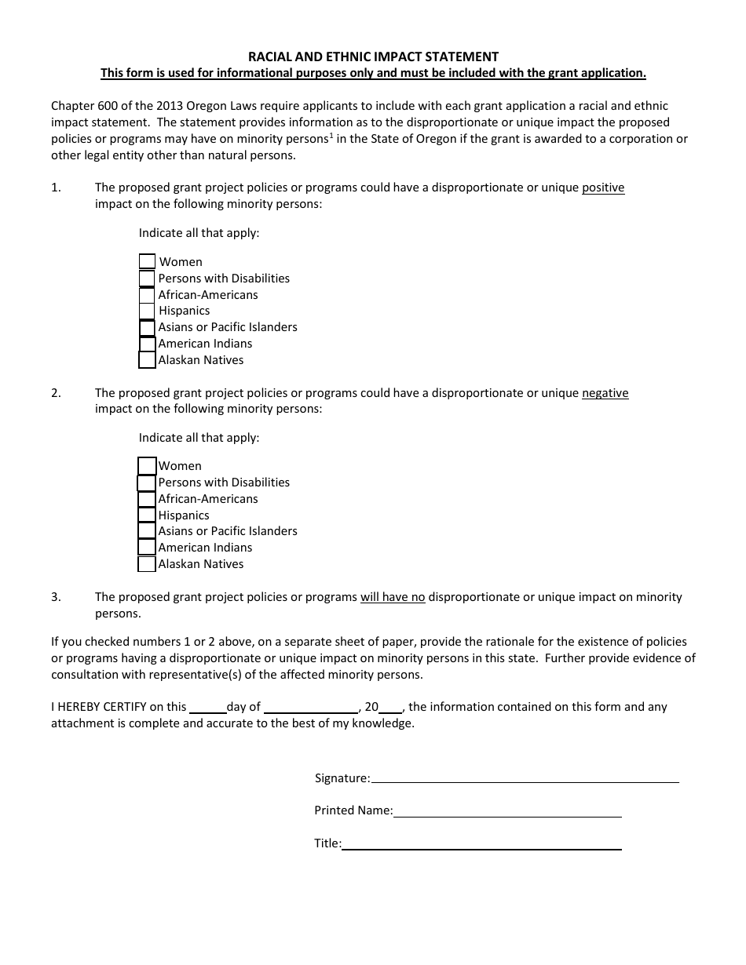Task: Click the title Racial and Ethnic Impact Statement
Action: click(x=373, y=56)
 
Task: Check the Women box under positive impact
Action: click(x=147, y=261)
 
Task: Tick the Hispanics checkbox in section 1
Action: click(x=147, y=311)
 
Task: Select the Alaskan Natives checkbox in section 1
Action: click(x=147, y=360)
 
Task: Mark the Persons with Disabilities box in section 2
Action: click(x=146, y=482)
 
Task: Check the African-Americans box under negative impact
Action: click(x=147, y=499)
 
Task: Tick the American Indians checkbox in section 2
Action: click(x=147, y=548)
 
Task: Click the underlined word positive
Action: click(x=602, y=188)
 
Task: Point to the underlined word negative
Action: click(x=605, y=393)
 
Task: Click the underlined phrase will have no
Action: click(x=393, y=597)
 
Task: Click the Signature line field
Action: click(x=525, y=777)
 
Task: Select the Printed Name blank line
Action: click(x=507, y=811)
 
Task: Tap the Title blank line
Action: click(x=481, y=844)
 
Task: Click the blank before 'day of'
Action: click(x=208, y=707)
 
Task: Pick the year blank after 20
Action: click(x=391, y=707)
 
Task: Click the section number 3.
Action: click(x=56, y=597)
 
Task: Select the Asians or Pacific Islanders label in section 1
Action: click(x=228, y=327)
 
